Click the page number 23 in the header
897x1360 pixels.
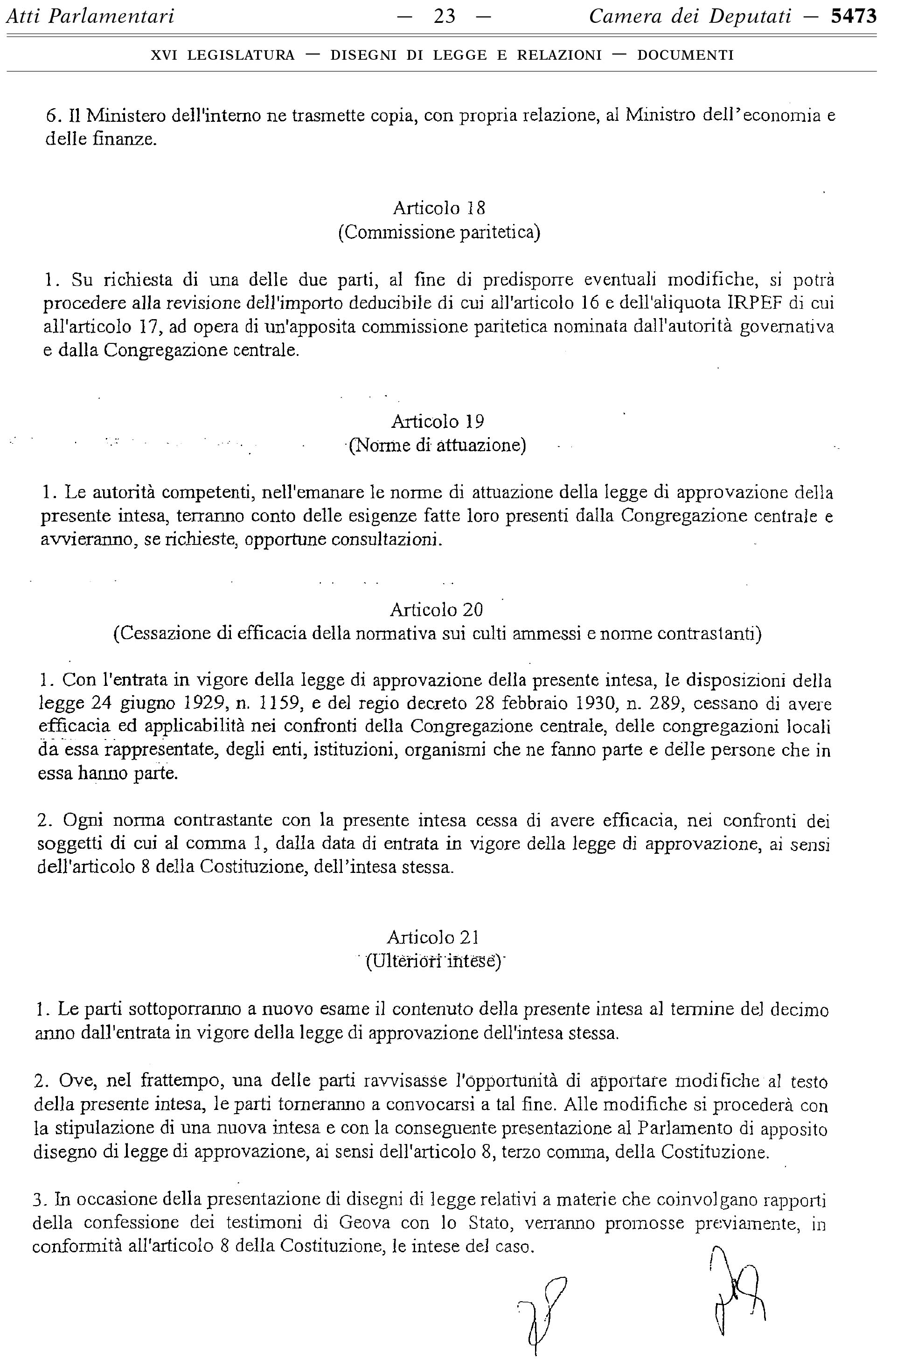pos(445,17)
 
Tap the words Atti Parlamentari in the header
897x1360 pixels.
pos(90,17)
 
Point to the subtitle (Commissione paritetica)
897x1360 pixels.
pos(439,232)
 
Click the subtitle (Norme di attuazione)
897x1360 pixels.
pos(438,445)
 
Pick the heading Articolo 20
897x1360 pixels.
pos(437,610)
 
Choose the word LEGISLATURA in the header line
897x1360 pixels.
pos(241,56)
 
